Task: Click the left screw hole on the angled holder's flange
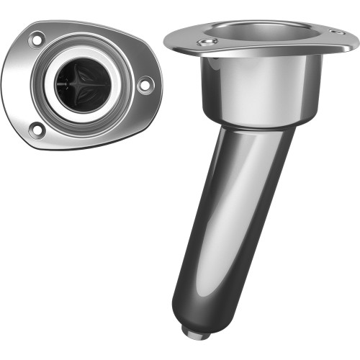[207, 43]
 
